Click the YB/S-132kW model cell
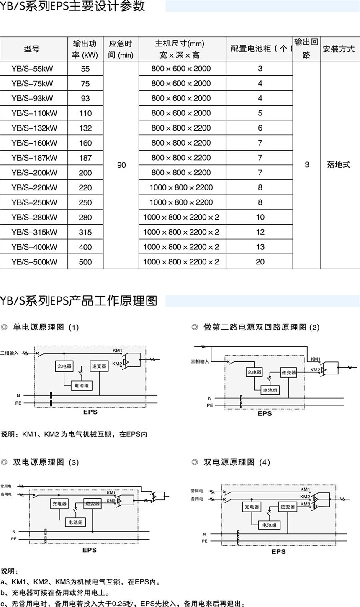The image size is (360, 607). tap(34, 128)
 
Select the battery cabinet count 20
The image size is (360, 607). tap(260, 262)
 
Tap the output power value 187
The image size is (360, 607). tap(85, 158)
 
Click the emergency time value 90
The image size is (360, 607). tap(121, 165)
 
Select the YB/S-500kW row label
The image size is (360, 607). tap(34, 262)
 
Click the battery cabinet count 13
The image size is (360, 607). tap(260, 247)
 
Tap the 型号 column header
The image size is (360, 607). tap(32, 49)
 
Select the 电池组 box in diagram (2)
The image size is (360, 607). tap(270, 390)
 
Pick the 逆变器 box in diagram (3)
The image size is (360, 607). tap(92, 504)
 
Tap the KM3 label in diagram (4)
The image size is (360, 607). tap(305, 505)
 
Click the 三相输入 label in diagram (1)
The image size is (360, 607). tap(10, 353)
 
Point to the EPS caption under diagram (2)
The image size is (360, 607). tap(265, 413)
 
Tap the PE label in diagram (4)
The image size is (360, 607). tap(204, 540)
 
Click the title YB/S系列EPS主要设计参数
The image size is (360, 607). tap(73, 7)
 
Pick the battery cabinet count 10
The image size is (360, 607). tap(260, 217)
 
